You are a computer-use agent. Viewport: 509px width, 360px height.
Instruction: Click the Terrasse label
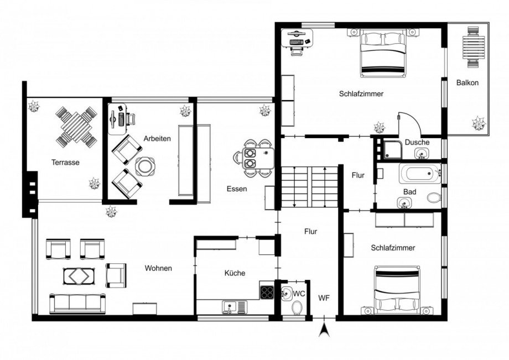pos(66,163)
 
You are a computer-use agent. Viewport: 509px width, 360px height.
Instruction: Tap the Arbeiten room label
pos(157,138)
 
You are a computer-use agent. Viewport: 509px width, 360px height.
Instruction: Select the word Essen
pos(236,189)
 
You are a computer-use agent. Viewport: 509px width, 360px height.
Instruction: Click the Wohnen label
pos(158,268)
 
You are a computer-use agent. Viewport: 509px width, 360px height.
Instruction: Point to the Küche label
pos(235,273)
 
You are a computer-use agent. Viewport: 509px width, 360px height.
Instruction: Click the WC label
pos(299,292)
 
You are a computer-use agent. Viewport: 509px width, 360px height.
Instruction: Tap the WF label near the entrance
pos(324,298)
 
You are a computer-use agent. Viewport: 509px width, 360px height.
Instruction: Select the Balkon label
pos(468,83)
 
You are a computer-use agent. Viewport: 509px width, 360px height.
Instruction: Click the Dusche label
pos(417,142)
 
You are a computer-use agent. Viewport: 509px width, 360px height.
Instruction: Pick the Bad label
pos(409,192)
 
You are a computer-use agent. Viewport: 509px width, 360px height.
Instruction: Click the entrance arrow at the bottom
pos(325,330)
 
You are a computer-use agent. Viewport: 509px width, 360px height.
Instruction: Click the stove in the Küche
pos(267,290)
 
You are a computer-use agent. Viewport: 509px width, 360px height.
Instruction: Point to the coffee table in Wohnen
pos(78,275)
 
